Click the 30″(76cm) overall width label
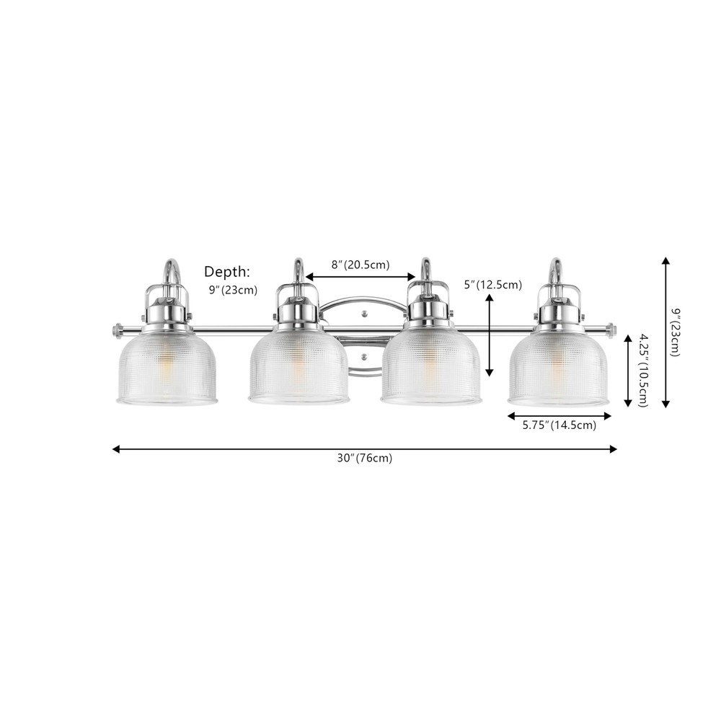pyautogui.click(x=365, y=459)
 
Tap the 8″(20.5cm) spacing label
pyautogui.click(x=360, y=265)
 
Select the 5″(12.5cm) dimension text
pyautogui.click(x=493, y=285)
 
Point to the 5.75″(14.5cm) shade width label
pyautogui.click(x=559, y=425)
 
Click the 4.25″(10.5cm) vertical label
pyautogui.click(x=642, y=371)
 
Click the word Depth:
pyautogui.click(x=227, y=273)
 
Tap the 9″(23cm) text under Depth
pyautogui.click(x=233, y=291)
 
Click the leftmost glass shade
pyautogui.click(x=167, y=366)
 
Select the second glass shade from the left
pyautogui.click(x=298, y=366)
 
